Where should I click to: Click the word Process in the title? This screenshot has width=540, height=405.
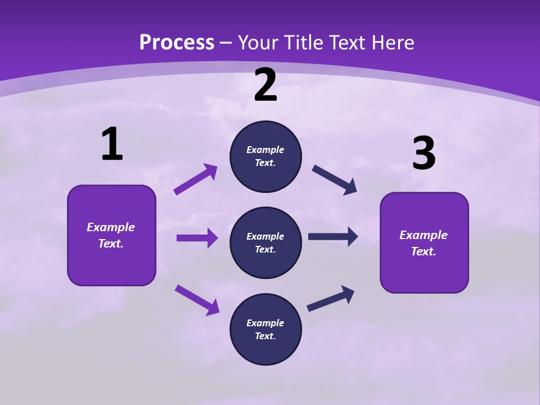(177, 42)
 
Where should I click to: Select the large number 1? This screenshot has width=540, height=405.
(112, 145)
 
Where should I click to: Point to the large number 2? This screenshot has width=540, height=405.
(265, 85)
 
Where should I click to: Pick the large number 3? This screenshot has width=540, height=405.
(424, 154)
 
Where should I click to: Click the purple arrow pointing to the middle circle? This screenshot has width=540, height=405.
(197, 238)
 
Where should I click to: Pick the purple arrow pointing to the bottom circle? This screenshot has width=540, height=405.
(197, 300)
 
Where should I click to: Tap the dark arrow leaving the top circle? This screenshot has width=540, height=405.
(335, 179)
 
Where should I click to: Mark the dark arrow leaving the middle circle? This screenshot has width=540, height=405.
(333, 237)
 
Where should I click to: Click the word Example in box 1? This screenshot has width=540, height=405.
(111, 227)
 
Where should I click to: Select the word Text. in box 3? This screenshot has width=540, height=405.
(424, 251)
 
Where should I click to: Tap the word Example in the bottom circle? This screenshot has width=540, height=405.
(265, 323)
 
